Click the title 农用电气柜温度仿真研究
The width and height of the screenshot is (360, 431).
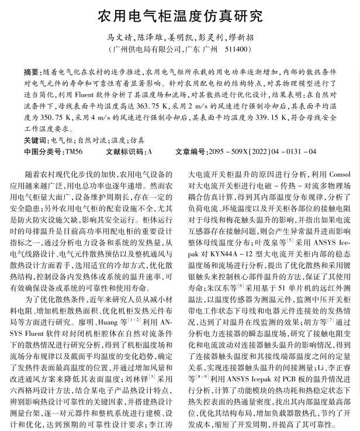click(x=179, y=14)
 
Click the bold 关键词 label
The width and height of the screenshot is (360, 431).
click(x=37, y=140)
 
